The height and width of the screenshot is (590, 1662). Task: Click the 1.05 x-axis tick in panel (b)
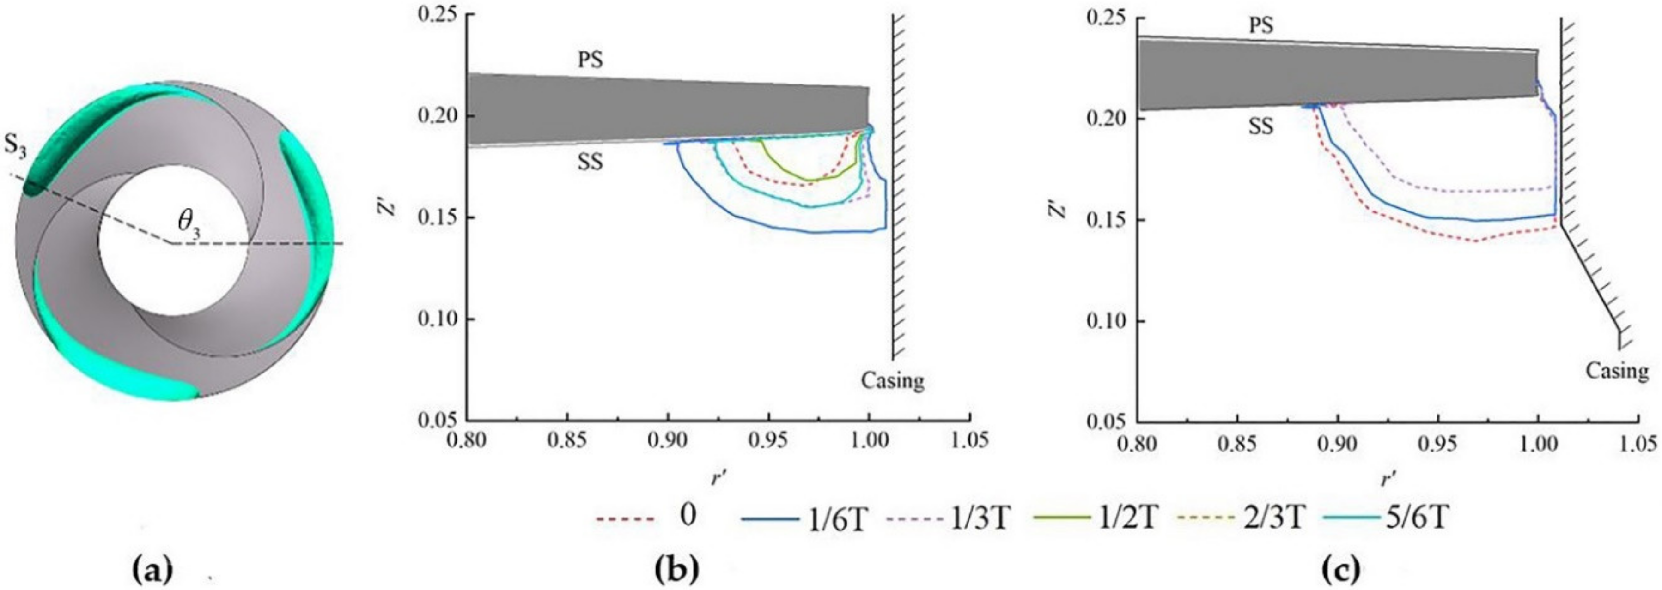click(x=970, y=441)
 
